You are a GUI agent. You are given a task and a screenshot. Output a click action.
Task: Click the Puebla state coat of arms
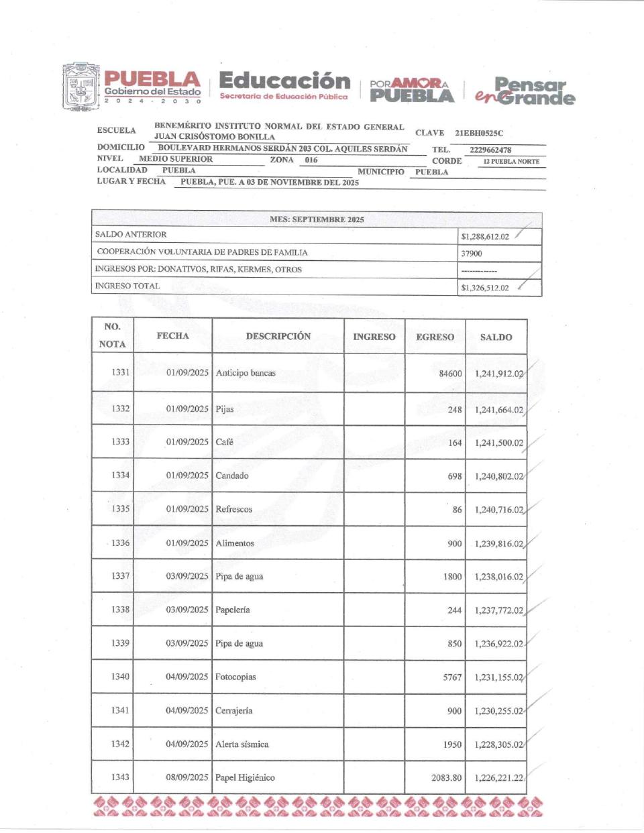(81, 87)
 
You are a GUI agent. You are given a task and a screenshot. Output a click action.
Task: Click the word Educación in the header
(284, 81)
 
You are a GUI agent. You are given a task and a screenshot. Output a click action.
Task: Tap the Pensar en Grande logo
(525, 92)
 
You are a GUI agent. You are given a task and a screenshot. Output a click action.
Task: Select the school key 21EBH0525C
(478, 133)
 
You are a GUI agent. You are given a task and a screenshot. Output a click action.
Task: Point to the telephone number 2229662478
(490, 150)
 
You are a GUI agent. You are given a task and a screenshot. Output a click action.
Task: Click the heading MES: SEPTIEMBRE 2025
(317, 219)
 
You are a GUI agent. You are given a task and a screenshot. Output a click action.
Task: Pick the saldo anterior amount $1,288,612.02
(484, 237)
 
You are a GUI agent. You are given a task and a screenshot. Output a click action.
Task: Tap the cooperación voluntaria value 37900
(471, 254)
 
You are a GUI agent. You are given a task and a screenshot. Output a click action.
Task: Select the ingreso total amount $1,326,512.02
(484, 288)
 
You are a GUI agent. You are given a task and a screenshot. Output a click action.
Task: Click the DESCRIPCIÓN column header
(278, 336)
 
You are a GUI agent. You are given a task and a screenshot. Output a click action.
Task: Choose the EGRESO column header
(435, 337)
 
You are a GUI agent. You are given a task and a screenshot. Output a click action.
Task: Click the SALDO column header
(496, 337)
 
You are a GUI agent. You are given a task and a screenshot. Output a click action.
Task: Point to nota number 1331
(121, 372)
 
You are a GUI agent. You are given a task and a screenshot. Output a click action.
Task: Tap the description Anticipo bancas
(246, 373)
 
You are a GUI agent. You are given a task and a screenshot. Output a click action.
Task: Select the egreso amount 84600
(450, 374)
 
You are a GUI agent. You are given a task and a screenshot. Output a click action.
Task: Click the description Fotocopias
(235, 677)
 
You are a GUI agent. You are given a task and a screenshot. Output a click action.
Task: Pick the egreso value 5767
(452, 677)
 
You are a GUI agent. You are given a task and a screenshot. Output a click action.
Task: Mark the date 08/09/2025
(187, 777)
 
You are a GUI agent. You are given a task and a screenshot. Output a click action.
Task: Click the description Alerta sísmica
(241, 744)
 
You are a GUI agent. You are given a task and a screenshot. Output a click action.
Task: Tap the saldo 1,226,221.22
(498, 778)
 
